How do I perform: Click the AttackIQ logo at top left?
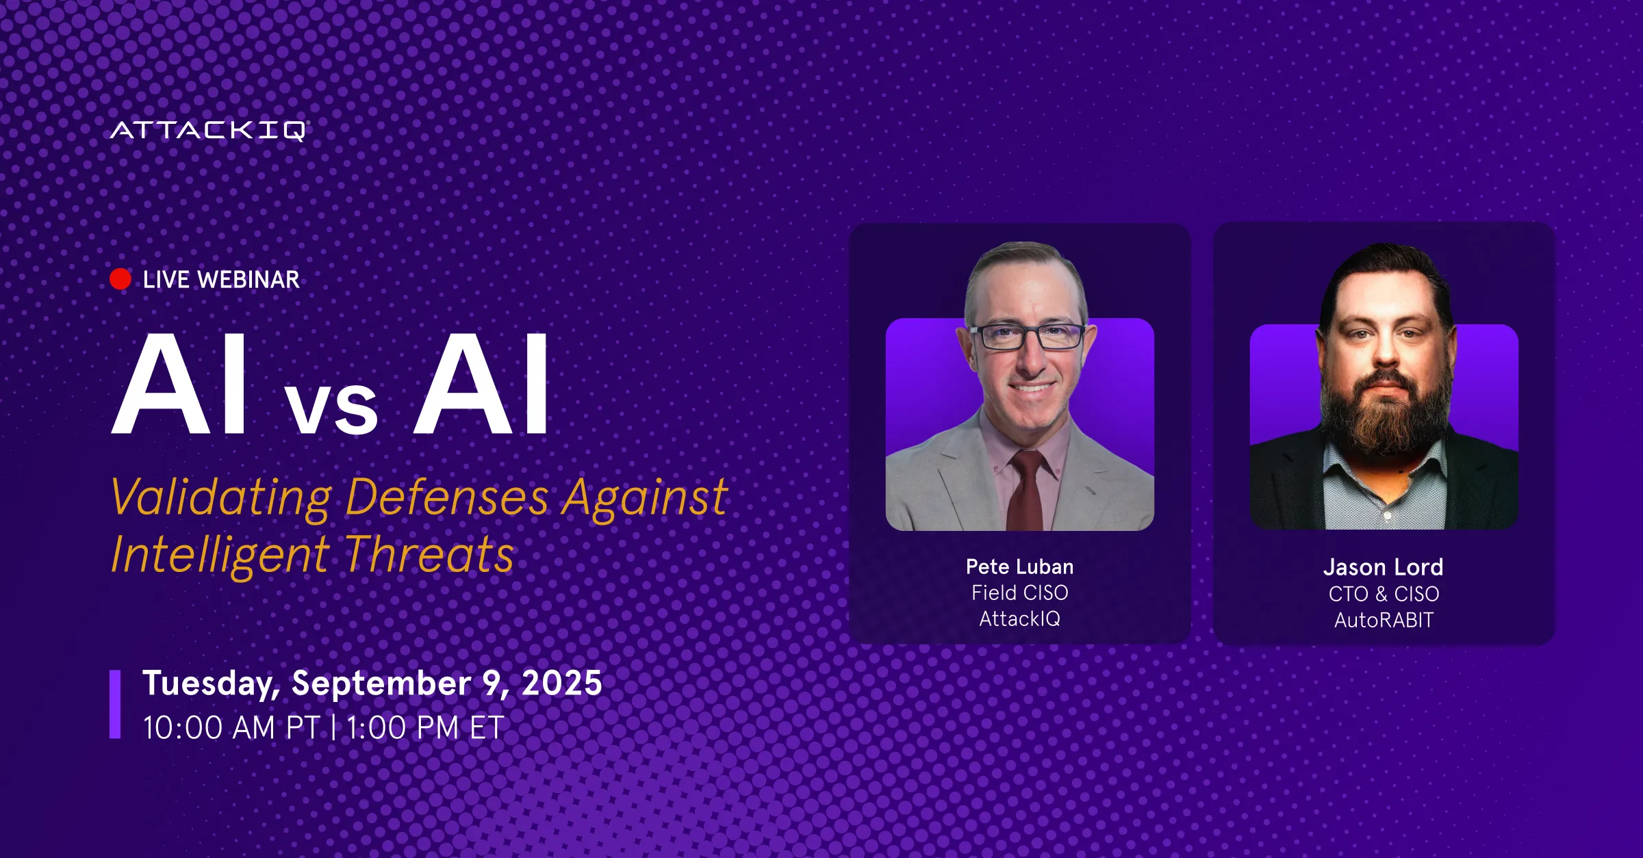tap(209, 131)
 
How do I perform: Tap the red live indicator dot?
tap(120, 279)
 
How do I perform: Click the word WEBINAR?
tap(249, 280)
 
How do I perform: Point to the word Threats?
tap(429, 554)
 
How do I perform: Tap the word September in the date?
tap(381, 684)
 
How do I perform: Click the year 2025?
tap(562, 683)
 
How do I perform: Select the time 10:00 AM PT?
tap(231, 727)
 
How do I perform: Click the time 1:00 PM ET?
tap(425, 727)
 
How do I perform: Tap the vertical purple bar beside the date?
tap(115, 704)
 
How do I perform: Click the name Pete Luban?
tap(1020, 567)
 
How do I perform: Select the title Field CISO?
tap(1020, 593)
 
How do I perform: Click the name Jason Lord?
tap(1384, 567)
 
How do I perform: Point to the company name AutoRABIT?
tap(1384, 620)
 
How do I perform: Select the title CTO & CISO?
tap(1384, 594)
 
